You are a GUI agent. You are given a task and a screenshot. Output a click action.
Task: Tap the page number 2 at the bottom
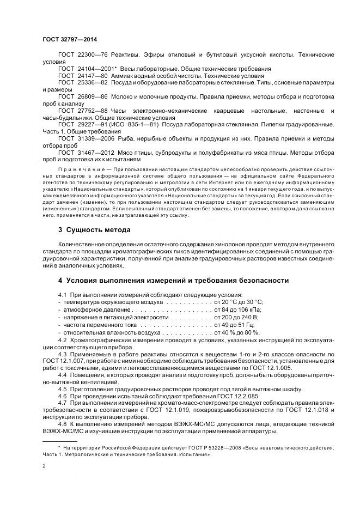point(44,466)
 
